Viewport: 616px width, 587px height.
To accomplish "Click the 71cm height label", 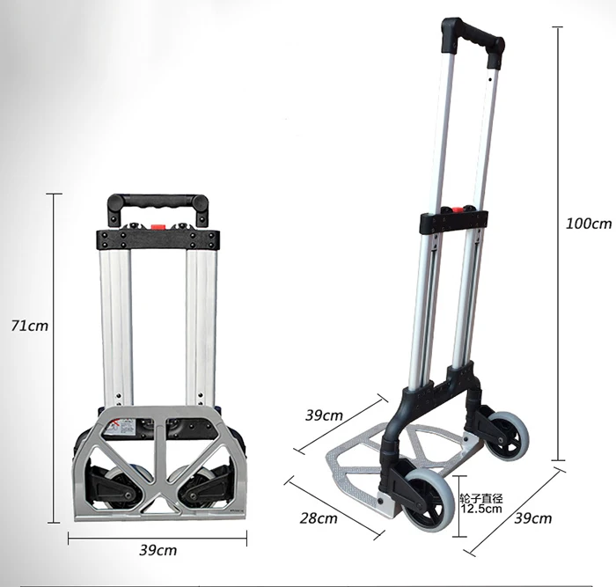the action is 29,326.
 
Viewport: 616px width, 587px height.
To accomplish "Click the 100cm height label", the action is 589,224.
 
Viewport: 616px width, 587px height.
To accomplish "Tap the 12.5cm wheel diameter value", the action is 481,509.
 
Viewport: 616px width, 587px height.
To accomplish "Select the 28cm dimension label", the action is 319,518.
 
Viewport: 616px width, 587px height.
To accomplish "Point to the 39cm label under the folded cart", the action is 158,550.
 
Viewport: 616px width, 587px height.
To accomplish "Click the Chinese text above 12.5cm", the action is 481,499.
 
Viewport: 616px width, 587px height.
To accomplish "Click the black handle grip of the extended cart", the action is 473,41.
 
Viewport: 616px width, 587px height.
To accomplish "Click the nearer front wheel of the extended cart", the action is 423,499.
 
